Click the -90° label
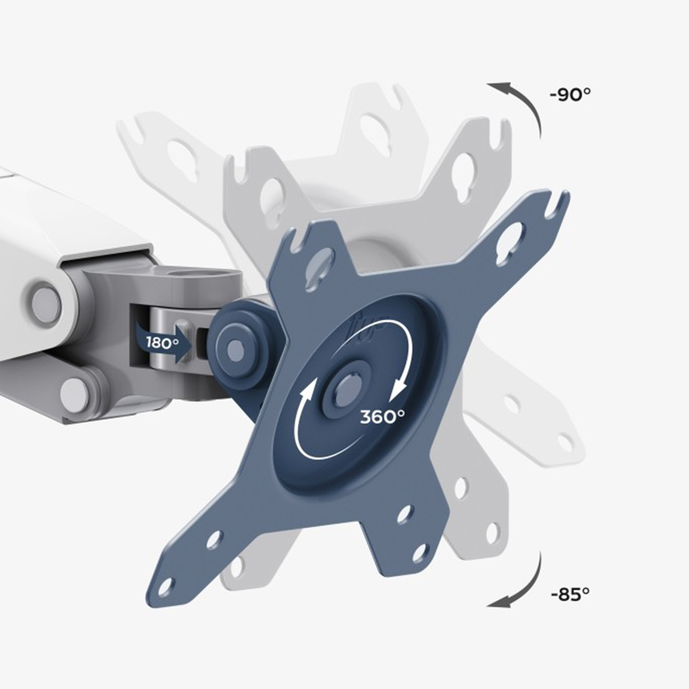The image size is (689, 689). pos(570,94)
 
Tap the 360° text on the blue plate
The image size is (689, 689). pos(382,416)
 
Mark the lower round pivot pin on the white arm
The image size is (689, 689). pos(74,393)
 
